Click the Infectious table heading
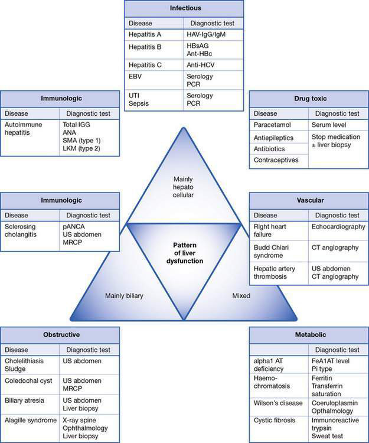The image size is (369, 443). [184, 9]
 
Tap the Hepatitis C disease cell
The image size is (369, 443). [145, 65]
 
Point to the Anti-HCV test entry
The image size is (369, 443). [201, 65]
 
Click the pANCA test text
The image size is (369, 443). [74, 226]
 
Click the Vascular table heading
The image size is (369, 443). [308, 200]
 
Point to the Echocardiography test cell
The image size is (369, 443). [338, 226]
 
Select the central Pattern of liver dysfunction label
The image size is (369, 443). [184, 251]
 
